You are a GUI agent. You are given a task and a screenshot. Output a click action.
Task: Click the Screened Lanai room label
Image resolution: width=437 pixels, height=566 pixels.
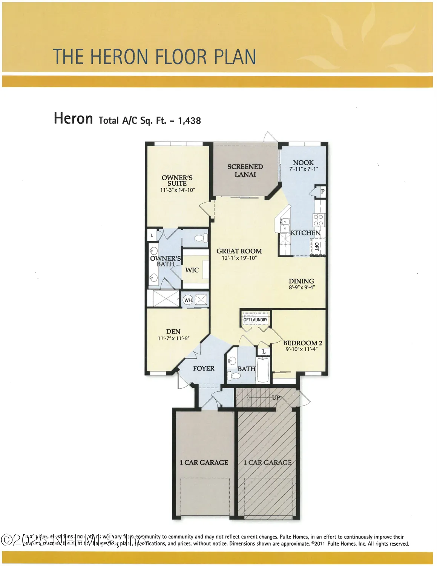245,171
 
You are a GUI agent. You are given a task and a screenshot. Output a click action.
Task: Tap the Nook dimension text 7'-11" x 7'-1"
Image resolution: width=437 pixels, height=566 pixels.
304,169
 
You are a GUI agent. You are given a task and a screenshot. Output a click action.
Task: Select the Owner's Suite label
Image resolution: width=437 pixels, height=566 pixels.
177,180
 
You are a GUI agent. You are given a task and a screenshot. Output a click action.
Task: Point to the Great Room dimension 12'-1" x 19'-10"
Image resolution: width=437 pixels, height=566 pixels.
239,258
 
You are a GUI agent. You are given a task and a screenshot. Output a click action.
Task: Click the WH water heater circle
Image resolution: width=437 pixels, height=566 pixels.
188,300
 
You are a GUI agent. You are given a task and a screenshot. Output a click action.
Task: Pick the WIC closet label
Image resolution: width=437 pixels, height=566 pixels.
192,270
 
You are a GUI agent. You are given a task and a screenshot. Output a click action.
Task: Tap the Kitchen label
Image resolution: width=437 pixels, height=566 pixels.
305,233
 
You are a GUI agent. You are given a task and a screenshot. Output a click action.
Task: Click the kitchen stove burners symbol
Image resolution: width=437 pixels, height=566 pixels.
319,220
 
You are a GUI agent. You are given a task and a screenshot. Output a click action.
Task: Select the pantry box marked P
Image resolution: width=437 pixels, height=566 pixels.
322,191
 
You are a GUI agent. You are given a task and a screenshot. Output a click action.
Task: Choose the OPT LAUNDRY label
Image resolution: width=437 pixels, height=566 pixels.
255,320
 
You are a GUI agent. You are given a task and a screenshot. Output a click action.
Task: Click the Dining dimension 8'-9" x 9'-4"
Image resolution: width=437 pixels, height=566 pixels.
302,287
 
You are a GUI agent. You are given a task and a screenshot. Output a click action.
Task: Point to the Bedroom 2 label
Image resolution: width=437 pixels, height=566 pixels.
302,343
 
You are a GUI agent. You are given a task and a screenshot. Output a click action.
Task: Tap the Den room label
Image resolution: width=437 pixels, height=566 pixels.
173,332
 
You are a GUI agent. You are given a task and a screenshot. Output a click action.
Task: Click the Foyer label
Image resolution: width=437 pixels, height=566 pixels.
204,368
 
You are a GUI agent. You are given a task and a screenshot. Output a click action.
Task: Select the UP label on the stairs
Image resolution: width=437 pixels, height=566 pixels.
276,398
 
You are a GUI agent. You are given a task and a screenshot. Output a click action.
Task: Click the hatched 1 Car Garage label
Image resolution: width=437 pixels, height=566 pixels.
267,463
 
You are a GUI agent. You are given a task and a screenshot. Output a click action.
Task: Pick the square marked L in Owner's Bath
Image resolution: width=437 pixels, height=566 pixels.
152,235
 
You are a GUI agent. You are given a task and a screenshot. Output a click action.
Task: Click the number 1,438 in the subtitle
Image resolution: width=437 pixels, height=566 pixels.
189,121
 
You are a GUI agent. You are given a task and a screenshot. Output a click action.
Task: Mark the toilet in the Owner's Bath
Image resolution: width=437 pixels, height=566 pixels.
201,238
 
